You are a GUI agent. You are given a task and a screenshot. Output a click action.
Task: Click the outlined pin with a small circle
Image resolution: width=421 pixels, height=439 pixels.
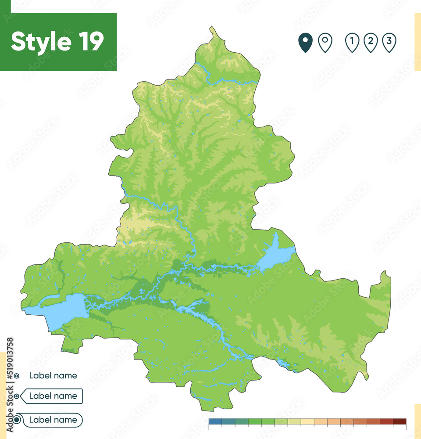pos(325,43)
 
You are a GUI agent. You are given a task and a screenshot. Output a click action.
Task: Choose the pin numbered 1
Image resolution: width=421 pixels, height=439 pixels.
pos(352,43)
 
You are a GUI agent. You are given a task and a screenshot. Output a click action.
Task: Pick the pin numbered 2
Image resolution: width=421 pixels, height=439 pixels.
pos(371,43)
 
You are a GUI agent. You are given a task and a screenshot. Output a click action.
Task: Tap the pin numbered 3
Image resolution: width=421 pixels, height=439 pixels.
pos(389,43)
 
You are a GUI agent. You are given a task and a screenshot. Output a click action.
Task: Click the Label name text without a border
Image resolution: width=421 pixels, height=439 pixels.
pos(53,375)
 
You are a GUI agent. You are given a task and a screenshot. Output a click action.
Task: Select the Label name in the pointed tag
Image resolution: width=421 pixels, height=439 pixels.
pos(53,396)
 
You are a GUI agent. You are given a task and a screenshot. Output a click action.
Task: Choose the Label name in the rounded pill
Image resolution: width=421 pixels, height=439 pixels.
pos(53,420)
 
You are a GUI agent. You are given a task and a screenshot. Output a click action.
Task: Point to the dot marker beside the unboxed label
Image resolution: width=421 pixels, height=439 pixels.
pos(17,376)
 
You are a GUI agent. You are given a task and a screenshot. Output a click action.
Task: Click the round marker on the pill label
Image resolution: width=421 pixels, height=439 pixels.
pos(17,420)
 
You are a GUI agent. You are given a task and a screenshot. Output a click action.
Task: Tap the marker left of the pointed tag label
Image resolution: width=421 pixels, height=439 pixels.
pos(17,396)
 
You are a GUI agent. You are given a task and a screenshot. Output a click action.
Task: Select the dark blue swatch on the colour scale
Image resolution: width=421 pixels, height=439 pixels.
pos(215,421)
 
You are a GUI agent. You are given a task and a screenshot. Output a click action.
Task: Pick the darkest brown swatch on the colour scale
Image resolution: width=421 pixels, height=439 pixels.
pos(400,421)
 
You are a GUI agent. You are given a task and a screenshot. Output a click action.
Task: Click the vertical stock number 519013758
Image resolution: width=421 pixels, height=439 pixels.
pos(10,366)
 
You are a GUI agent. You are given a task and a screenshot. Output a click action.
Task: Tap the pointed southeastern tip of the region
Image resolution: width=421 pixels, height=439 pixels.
pos(367,377)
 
